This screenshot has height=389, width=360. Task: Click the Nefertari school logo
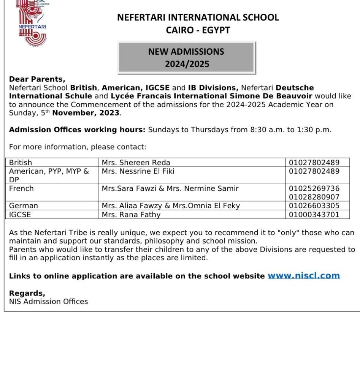click(33, 23)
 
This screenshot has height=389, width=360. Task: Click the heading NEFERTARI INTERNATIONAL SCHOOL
click(198, 17)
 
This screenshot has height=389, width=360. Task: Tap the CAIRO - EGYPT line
click(198, 30)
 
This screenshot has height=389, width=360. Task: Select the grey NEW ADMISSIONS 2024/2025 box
click(186, 58)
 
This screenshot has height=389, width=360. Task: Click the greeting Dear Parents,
click(37, 79)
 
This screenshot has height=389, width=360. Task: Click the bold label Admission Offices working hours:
click(77, 130)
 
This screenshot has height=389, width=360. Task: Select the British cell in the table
click(21, 163)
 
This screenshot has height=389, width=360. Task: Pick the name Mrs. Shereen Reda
click(136, 163)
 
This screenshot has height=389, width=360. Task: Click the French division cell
click(21, 188)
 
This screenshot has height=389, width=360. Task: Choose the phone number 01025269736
click(314, 188)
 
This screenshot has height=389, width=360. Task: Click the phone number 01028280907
click(314, 197)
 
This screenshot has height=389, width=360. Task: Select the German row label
click(24, 206)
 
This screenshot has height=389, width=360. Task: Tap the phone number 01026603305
click(314, 206)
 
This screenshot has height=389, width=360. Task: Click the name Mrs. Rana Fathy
click(131, 215)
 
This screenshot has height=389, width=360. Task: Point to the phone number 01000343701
click(314, 215)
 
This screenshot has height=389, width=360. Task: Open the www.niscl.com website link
click(303, 276)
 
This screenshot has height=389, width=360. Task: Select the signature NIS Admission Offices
click(48, 302)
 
